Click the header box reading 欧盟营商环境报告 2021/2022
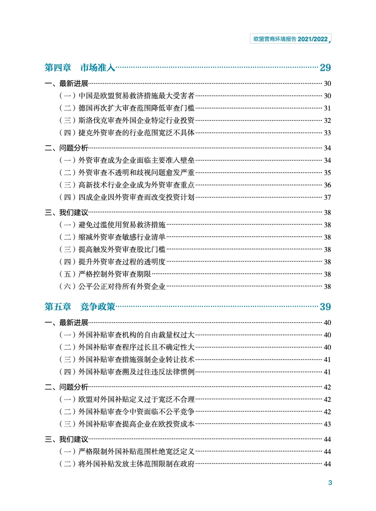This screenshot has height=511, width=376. pos(289,39)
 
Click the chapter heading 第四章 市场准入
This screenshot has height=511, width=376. pos(80,67)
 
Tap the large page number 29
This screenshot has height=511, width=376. pos(325,67)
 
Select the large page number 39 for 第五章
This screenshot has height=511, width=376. pos(325,307)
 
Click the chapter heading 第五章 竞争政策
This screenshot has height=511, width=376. pos(80,307)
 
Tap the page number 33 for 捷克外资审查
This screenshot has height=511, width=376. pos(327,133)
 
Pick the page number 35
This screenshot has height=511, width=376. pos(327,172)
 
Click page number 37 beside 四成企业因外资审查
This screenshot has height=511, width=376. pos(327,197)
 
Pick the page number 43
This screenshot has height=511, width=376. pos(327,424)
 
